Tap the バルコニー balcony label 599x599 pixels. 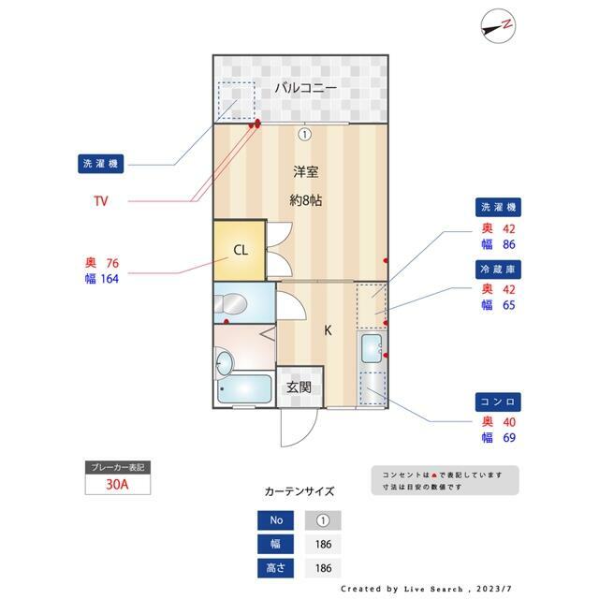pos(299,88)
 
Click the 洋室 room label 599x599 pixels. pos(305,172)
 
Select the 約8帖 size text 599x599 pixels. pos(305,199)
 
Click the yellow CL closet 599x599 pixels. pos(241,250)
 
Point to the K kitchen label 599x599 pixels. pos(328,329)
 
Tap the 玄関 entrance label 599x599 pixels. pos(299,387)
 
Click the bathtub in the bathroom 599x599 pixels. pos(242,391)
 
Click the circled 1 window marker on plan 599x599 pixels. pos(304,134)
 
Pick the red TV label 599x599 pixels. pos(101,200)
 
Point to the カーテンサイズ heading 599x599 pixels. pos(299,490)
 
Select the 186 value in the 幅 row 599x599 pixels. pos(323,544)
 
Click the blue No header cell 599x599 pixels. pos(276,519)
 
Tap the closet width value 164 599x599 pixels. pos(109,277)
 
